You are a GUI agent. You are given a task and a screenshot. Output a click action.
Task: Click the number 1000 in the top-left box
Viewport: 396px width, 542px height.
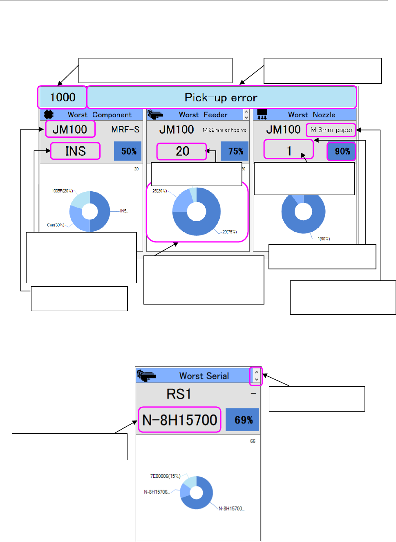click(63, 97)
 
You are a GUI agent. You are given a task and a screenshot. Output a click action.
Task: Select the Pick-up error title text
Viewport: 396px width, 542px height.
click(221, 97)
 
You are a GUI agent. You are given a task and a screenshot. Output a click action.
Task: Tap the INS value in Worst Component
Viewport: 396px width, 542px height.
click(76, 151)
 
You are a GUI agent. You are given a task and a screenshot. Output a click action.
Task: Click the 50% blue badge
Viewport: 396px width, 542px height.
click(128, 151)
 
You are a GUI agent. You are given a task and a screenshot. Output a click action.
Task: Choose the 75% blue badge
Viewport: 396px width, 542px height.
click(235, 151)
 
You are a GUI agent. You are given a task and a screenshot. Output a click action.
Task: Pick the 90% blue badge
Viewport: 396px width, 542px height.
click(342, 151)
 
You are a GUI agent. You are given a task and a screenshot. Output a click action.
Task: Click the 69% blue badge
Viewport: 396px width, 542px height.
click(243, 420)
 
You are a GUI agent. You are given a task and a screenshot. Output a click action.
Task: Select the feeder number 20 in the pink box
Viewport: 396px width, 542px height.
click(183, 151)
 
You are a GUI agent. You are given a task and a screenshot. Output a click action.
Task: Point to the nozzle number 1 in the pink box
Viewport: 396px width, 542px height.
click(289, 151)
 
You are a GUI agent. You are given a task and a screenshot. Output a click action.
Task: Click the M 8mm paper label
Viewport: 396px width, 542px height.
click(331, 130)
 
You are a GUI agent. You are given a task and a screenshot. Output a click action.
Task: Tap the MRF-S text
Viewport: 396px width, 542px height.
click(125, 130)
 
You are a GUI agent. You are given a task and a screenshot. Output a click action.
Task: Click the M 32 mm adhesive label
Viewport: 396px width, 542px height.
click(225, 130)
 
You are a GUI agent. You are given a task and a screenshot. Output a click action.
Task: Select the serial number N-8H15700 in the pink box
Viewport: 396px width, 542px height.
click(180, 420)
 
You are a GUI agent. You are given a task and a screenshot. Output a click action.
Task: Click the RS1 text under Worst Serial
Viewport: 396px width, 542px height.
click(179, 394)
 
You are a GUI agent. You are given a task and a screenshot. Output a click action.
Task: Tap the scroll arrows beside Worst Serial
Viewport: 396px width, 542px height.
click(256, 376)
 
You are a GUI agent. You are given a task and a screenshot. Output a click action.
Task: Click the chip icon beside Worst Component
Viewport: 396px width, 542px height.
click(49, 114)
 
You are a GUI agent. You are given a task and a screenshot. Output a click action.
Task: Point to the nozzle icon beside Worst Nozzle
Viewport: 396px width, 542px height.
click(262, 114)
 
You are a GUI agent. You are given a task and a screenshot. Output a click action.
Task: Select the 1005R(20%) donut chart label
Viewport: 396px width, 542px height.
click(62, 191)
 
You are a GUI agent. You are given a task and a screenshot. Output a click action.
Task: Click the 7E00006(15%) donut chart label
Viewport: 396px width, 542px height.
click(165, 476)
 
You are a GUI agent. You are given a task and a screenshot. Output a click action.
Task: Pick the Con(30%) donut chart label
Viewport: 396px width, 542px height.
click(56, 225)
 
